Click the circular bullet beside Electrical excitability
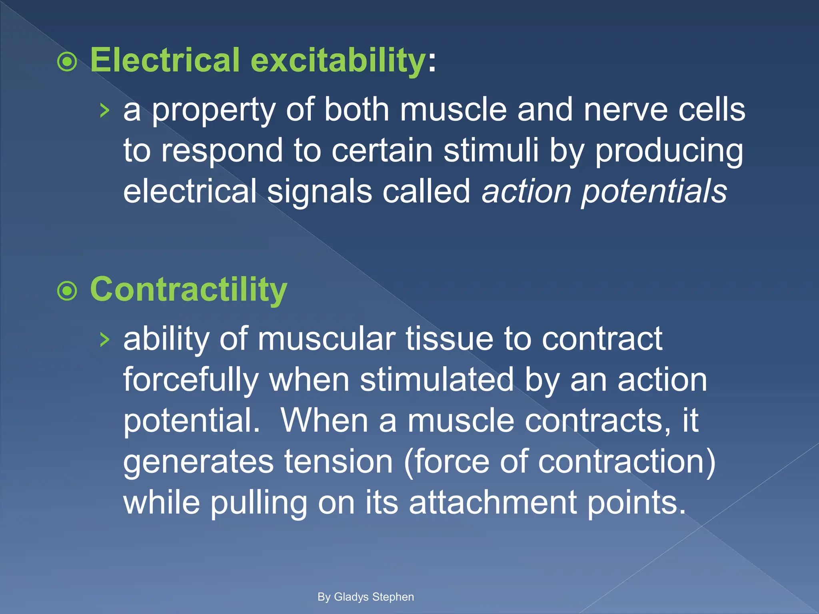click(67, 62)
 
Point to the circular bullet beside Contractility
click(67, 291)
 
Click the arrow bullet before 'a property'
click(104, 110)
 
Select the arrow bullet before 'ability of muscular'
click(104, 339)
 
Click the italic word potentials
click(654, 192)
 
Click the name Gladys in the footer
click(351, 597)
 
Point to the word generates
click(198, 462)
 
